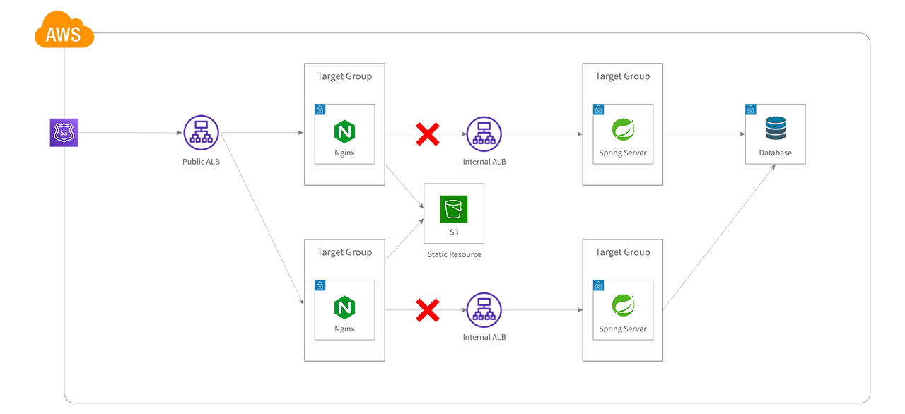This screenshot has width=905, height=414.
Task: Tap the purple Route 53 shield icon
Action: (64, 133)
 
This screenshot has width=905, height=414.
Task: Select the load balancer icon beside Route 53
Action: (202, 133)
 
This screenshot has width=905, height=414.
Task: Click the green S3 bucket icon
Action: (453, 209)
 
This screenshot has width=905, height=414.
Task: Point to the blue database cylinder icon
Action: (776, 129)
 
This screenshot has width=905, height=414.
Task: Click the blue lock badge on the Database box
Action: (750, 110)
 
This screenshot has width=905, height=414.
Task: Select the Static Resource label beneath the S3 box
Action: (453, 254)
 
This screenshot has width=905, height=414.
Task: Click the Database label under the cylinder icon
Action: (776, 153)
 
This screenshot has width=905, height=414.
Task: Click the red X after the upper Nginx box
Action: (428, 134)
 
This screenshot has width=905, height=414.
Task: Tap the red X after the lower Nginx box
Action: (428, 309)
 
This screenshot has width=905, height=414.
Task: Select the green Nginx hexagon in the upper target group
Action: (345, 131)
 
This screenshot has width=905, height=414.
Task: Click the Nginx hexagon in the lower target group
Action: (345, 307)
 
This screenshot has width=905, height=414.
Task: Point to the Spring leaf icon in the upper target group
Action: (623, 130)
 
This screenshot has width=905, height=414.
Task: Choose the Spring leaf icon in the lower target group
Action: (623, 306)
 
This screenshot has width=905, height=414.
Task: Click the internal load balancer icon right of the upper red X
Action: (484, 134)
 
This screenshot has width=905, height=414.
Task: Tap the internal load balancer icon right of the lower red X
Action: (484, 310)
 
